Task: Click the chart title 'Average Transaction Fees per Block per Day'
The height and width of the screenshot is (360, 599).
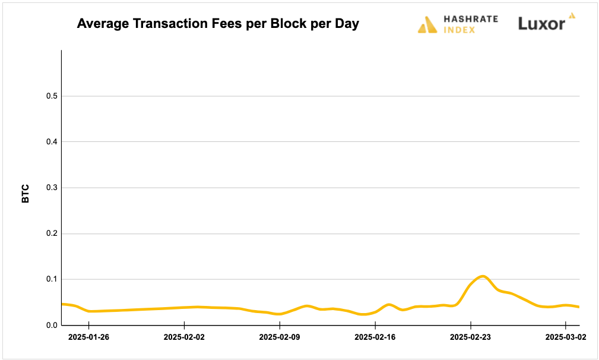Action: [218, 24]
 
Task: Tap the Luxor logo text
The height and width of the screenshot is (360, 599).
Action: [541, 24]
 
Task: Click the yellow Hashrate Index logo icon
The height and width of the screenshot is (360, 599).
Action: [427, 24]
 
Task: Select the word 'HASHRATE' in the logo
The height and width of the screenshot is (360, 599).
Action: [471, 20]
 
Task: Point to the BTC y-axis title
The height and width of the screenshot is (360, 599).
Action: [26, 194]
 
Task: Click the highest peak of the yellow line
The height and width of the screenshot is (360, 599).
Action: [483, 276]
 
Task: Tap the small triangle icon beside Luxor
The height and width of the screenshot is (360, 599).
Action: [572, 15]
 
